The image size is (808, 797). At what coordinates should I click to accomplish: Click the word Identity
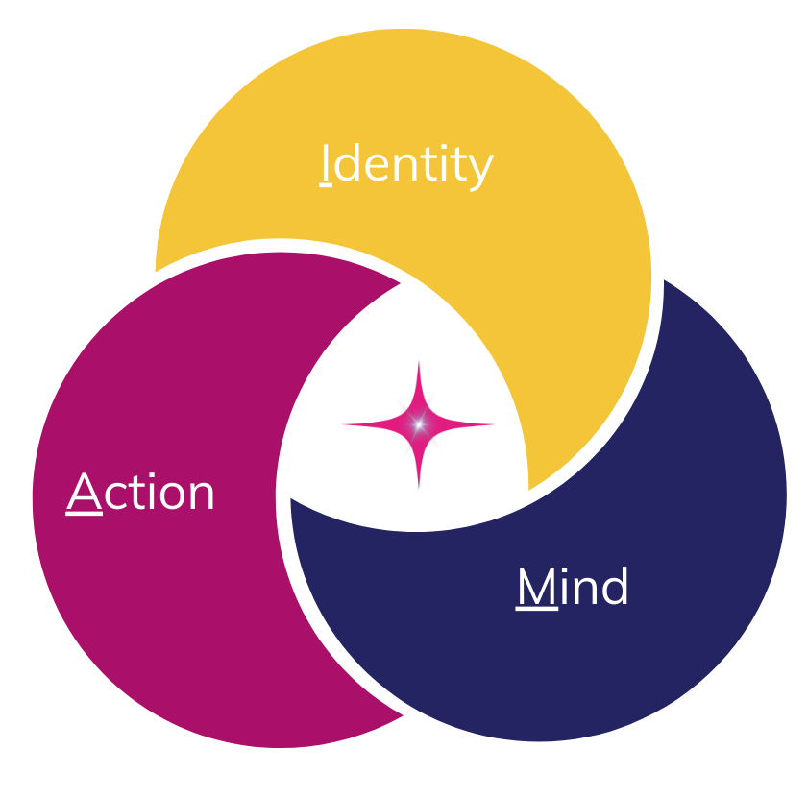pos(405,165)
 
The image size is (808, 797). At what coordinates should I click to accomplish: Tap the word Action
pos(141,494)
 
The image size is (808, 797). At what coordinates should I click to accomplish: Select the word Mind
pos(573,588)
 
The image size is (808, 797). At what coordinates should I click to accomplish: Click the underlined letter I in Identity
pos(326,165)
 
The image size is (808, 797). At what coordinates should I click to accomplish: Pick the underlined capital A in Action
pos(84,494)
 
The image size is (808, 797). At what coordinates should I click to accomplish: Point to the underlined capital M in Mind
pos(536,588)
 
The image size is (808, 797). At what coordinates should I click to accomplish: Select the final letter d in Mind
pos(613,588)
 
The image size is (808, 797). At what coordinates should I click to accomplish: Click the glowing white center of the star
pos(419,423)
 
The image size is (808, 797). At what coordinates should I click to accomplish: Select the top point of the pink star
pos(419,364)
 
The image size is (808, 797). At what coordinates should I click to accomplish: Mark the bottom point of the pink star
pos(419,486)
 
